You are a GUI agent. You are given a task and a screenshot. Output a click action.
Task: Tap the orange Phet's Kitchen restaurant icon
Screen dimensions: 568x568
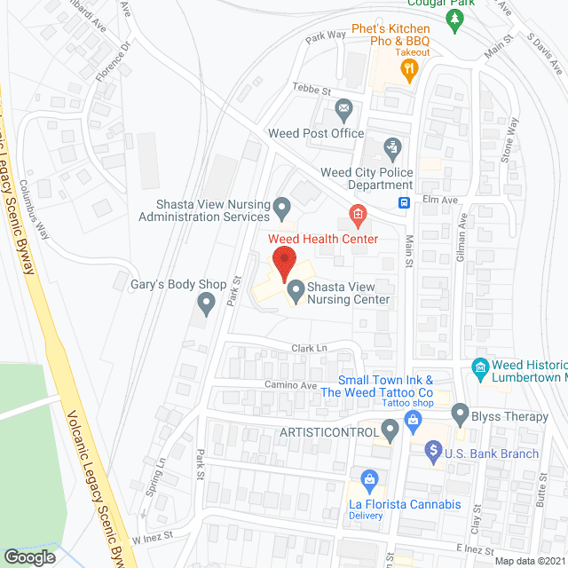coord(409,71)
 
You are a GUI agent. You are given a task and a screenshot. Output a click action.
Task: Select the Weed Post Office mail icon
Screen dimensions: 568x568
coord(343,111)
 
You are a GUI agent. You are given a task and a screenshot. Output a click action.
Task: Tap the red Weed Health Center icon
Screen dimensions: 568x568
coord(357,214)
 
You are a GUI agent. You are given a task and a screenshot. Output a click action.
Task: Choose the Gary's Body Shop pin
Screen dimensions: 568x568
coord(207,304)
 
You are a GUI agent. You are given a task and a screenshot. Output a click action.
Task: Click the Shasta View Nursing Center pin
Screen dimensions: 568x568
coord(294,289)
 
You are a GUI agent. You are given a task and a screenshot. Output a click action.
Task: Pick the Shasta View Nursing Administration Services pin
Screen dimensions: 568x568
coord(282,209)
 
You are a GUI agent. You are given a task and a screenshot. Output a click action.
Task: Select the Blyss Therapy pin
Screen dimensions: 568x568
coord(460,413)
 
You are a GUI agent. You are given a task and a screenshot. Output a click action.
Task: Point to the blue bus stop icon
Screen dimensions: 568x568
coord(404,201)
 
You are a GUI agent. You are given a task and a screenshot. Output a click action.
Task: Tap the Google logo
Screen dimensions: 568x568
coord(29,556)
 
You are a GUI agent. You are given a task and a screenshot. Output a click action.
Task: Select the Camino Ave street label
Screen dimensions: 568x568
coord(290,385)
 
